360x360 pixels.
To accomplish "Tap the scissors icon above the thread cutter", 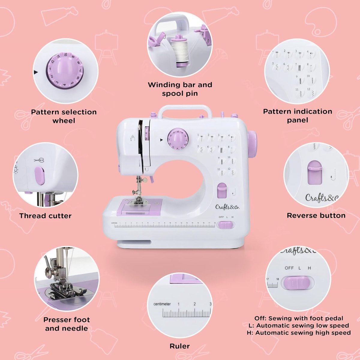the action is coord(39,160).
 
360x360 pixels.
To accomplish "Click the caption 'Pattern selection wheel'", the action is coord(64,116).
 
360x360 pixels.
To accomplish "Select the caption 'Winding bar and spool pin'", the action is coord(180,89).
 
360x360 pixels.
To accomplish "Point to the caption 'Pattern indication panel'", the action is coord(298,115).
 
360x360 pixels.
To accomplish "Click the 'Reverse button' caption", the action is coord(316,215).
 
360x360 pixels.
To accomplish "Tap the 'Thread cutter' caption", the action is coord(45,216).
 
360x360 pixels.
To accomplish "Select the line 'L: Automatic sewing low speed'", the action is coord(299,325).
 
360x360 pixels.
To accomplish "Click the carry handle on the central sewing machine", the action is coord(185,110).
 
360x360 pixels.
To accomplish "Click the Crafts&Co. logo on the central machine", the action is coord(227,207).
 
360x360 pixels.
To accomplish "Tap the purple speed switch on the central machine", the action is coord(226,225).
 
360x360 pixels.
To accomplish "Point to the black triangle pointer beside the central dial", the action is coord(161,140).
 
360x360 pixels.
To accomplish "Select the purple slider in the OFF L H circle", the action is coord(297,283).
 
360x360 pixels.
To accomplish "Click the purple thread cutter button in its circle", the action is coord(40,176).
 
